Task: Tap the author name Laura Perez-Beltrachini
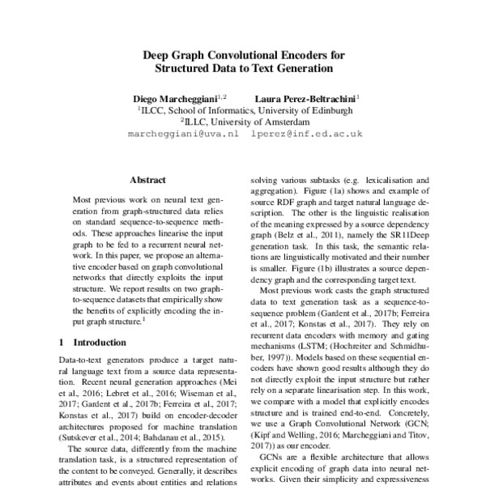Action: click(x=305, y=96)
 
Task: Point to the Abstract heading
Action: click(x=147, y=180)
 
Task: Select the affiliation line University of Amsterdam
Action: click(x=245, y=122)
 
